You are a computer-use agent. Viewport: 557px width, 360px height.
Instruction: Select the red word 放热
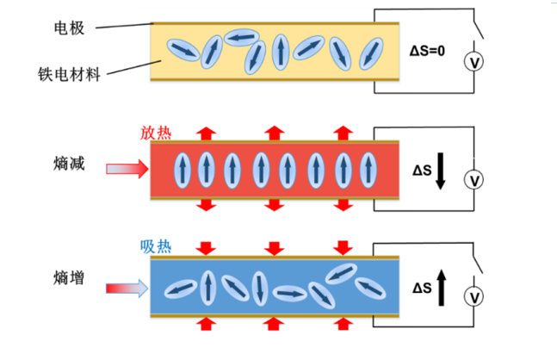[x=156, y=133]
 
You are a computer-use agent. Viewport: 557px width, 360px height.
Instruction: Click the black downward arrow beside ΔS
[x=441, y=171]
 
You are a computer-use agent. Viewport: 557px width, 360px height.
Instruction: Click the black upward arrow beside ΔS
[x=441, y=287]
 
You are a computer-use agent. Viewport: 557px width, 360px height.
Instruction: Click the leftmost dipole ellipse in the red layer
[x=182, y=170]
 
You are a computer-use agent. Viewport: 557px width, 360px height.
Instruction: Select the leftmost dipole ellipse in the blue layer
[x=179, y=290]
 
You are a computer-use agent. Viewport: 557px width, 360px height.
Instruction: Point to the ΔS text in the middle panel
[x=421, y=171]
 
